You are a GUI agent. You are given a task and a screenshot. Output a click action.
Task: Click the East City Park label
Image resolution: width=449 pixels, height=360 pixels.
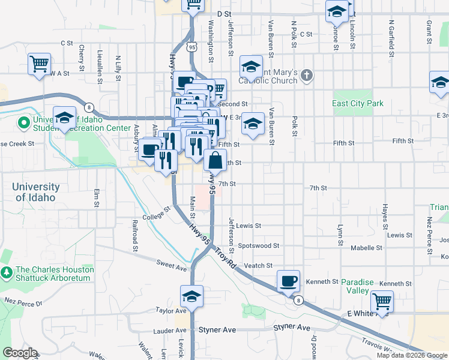click(x=358, y=103)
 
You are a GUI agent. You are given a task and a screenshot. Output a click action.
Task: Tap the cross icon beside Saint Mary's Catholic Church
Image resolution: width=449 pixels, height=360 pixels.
click(x=307, y=76)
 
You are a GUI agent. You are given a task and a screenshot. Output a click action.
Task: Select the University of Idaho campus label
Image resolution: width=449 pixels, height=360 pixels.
click(x=36, y=192)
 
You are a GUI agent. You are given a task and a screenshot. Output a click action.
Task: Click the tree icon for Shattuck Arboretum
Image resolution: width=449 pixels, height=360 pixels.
click(x=7, y=274)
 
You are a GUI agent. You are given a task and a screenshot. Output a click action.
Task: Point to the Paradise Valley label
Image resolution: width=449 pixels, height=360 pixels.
click(x=355, y=286)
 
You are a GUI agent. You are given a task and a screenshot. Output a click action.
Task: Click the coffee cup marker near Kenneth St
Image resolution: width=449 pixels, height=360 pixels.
click(x=288, y=281)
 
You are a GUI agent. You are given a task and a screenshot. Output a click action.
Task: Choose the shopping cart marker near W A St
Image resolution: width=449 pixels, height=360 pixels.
click(x=39, y=63)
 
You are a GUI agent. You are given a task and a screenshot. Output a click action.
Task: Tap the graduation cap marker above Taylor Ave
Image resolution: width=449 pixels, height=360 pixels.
click(x=191, y=296)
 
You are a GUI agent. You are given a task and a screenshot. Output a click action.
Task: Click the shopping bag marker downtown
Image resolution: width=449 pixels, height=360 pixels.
click(x=215, y=160)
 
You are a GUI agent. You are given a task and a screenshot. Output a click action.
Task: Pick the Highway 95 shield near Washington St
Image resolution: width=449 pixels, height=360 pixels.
click(x=192, y=47)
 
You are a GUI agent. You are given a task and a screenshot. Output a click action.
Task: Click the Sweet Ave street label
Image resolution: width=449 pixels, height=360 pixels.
click(x=172, y=263)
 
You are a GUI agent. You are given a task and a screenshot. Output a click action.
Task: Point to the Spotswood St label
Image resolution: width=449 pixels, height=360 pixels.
click(x=259, y=245)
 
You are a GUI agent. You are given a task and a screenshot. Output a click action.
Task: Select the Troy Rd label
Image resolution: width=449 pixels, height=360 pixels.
click(x=226, y=259)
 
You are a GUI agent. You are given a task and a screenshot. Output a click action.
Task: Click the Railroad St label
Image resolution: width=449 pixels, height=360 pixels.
click(x=136, y=236)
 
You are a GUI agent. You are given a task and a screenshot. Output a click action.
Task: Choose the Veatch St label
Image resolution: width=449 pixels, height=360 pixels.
click(x=259, y=265)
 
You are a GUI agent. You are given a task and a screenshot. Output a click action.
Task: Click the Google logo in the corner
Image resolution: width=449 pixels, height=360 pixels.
click(x=20, y=353)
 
